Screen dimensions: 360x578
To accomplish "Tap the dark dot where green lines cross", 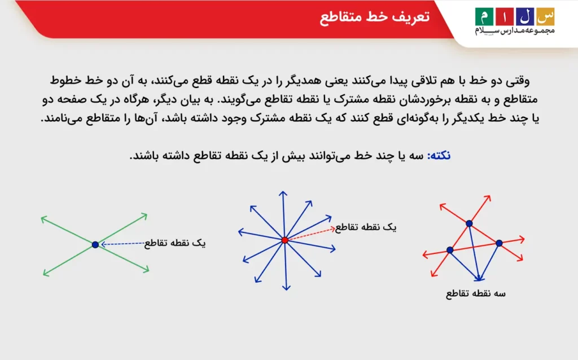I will pyautogui.click(x=95, y=244).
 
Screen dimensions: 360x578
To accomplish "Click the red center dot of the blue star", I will pyautogui.click(x=284, y=240).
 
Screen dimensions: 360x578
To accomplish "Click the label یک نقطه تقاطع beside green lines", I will pyautogui.click(x=175, y=243).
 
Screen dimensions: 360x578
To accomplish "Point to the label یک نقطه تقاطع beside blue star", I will pyautogui.click(x=365, y=227).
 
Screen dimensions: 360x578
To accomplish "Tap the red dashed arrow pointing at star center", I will pyautogui.click(x=310, y=234).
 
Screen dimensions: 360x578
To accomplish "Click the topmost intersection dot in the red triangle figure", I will pyautogui.click(x=469, y=223).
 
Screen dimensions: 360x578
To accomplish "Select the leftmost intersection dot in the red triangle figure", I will pyautogui.click(x=450, y=249).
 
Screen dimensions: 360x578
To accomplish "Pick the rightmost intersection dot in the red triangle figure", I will pyautogui.click(x=499, y=243).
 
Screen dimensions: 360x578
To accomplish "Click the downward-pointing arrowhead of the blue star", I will pyautogui.click(x=286, y=287).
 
